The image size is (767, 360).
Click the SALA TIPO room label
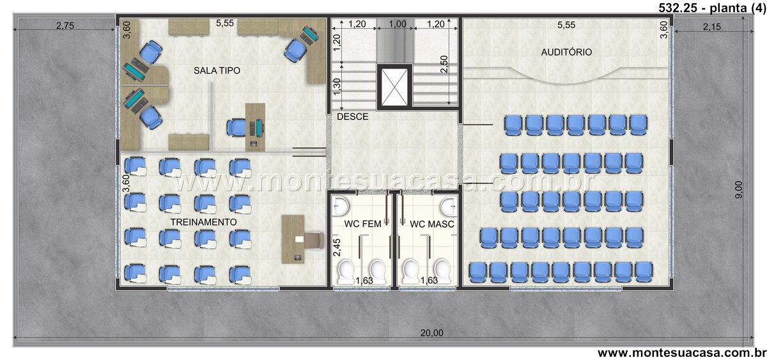pos(217,70)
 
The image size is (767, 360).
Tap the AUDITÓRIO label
pos(566,52)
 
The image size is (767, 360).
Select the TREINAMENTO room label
pos(203,222)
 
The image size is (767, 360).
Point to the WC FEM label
pos(362,224)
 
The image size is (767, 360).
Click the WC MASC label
pos(432,224)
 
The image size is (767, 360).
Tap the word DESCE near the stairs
pos(352,116)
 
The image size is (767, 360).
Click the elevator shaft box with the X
pos(394,87)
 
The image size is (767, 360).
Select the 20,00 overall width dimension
pos(432,333)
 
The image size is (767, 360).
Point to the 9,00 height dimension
pos(739,189)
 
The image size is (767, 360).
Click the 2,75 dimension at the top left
pos(65,26)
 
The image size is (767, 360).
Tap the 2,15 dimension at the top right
pos(712,26)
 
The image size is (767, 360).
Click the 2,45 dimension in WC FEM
pos(337,247)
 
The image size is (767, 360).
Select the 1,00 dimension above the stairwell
pos(397,24)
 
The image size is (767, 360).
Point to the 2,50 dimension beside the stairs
pos(444,64)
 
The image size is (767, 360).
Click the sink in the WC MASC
pos(449,206)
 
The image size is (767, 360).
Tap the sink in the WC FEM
pos(341,206)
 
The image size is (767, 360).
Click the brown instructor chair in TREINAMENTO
pos(314,241)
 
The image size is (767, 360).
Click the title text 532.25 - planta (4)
pos(712,8)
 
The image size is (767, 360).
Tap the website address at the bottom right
pos(682,352)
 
